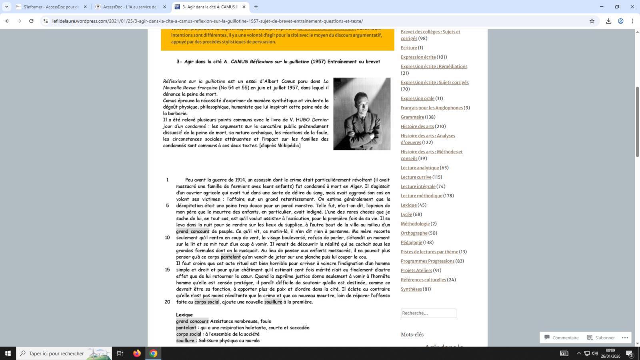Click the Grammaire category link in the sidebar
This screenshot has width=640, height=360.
[412, 117]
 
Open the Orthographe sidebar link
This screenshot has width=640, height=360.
[414, 233]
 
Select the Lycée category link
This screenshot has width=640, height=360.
[406, 214]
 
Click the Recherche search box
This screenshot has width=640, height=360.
[428, 313]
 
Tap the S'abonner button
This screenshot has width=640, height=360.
[601, 338]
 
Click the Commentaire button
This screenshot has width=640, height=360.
[562, 338]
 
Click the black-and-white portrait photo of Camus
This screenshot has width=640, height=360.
[362, 114]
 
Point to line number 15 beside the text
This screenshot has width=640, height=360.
[167, 270]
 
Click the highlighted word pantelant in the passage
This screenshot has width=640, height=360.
[231, 257]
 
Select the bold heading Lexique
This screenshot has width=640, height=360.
[184, 315]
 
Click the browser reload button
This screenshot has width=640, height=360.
[31, 21]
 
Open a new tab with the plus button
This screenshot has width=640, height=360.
[256, 7]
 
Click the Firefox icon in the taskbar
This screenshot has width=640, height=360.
[137, 353]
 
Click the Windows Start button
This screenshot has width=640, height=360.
[8, 353]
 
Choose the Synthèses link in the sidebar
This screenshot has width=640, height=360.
[411, 289]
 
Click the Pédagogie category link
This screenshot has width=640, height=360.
[411, 242]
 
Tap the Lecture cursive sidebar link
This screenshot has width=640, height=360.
[416, 177]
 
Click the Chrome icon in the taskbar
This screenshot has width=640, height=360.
[153, 353]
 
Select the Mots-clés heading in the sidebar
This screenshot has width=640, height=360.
[412, 334]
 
